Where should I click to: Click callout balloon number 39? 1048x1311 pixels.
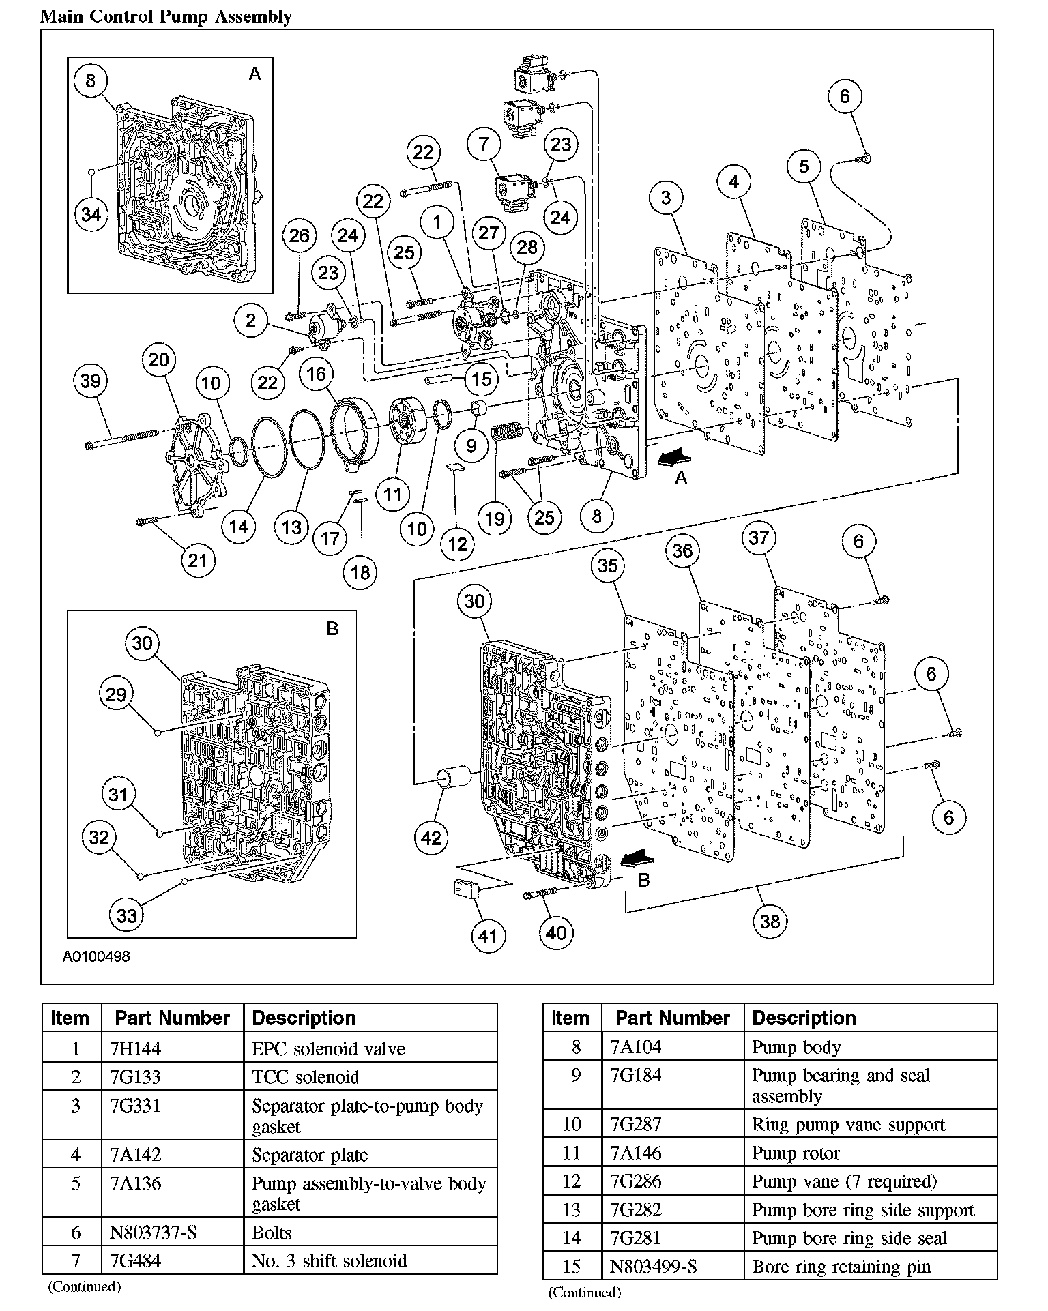click(91, 381)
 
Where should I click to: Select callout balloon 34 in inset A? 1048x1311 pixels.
click(91, 214)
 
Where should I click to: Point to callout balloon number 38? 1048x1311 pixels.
click(770, 922)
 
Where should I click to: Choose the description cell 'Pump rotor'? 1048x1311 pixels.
click(796, 1153)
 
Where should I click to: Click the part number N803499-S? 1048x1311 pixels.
click(653, 1267)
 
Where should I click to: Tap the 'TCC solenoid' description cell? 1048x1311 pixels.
click(305, 1077)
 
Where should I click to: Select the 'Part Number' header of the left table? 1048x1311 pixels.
click(172, 1018)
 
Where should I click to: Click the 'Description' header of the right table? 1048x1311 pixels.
click(804, 1018)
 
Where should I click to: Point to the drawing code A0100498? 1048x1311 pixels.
click(96, 956)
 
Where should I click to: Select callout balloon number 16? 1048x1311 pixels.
click(317, 374)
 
